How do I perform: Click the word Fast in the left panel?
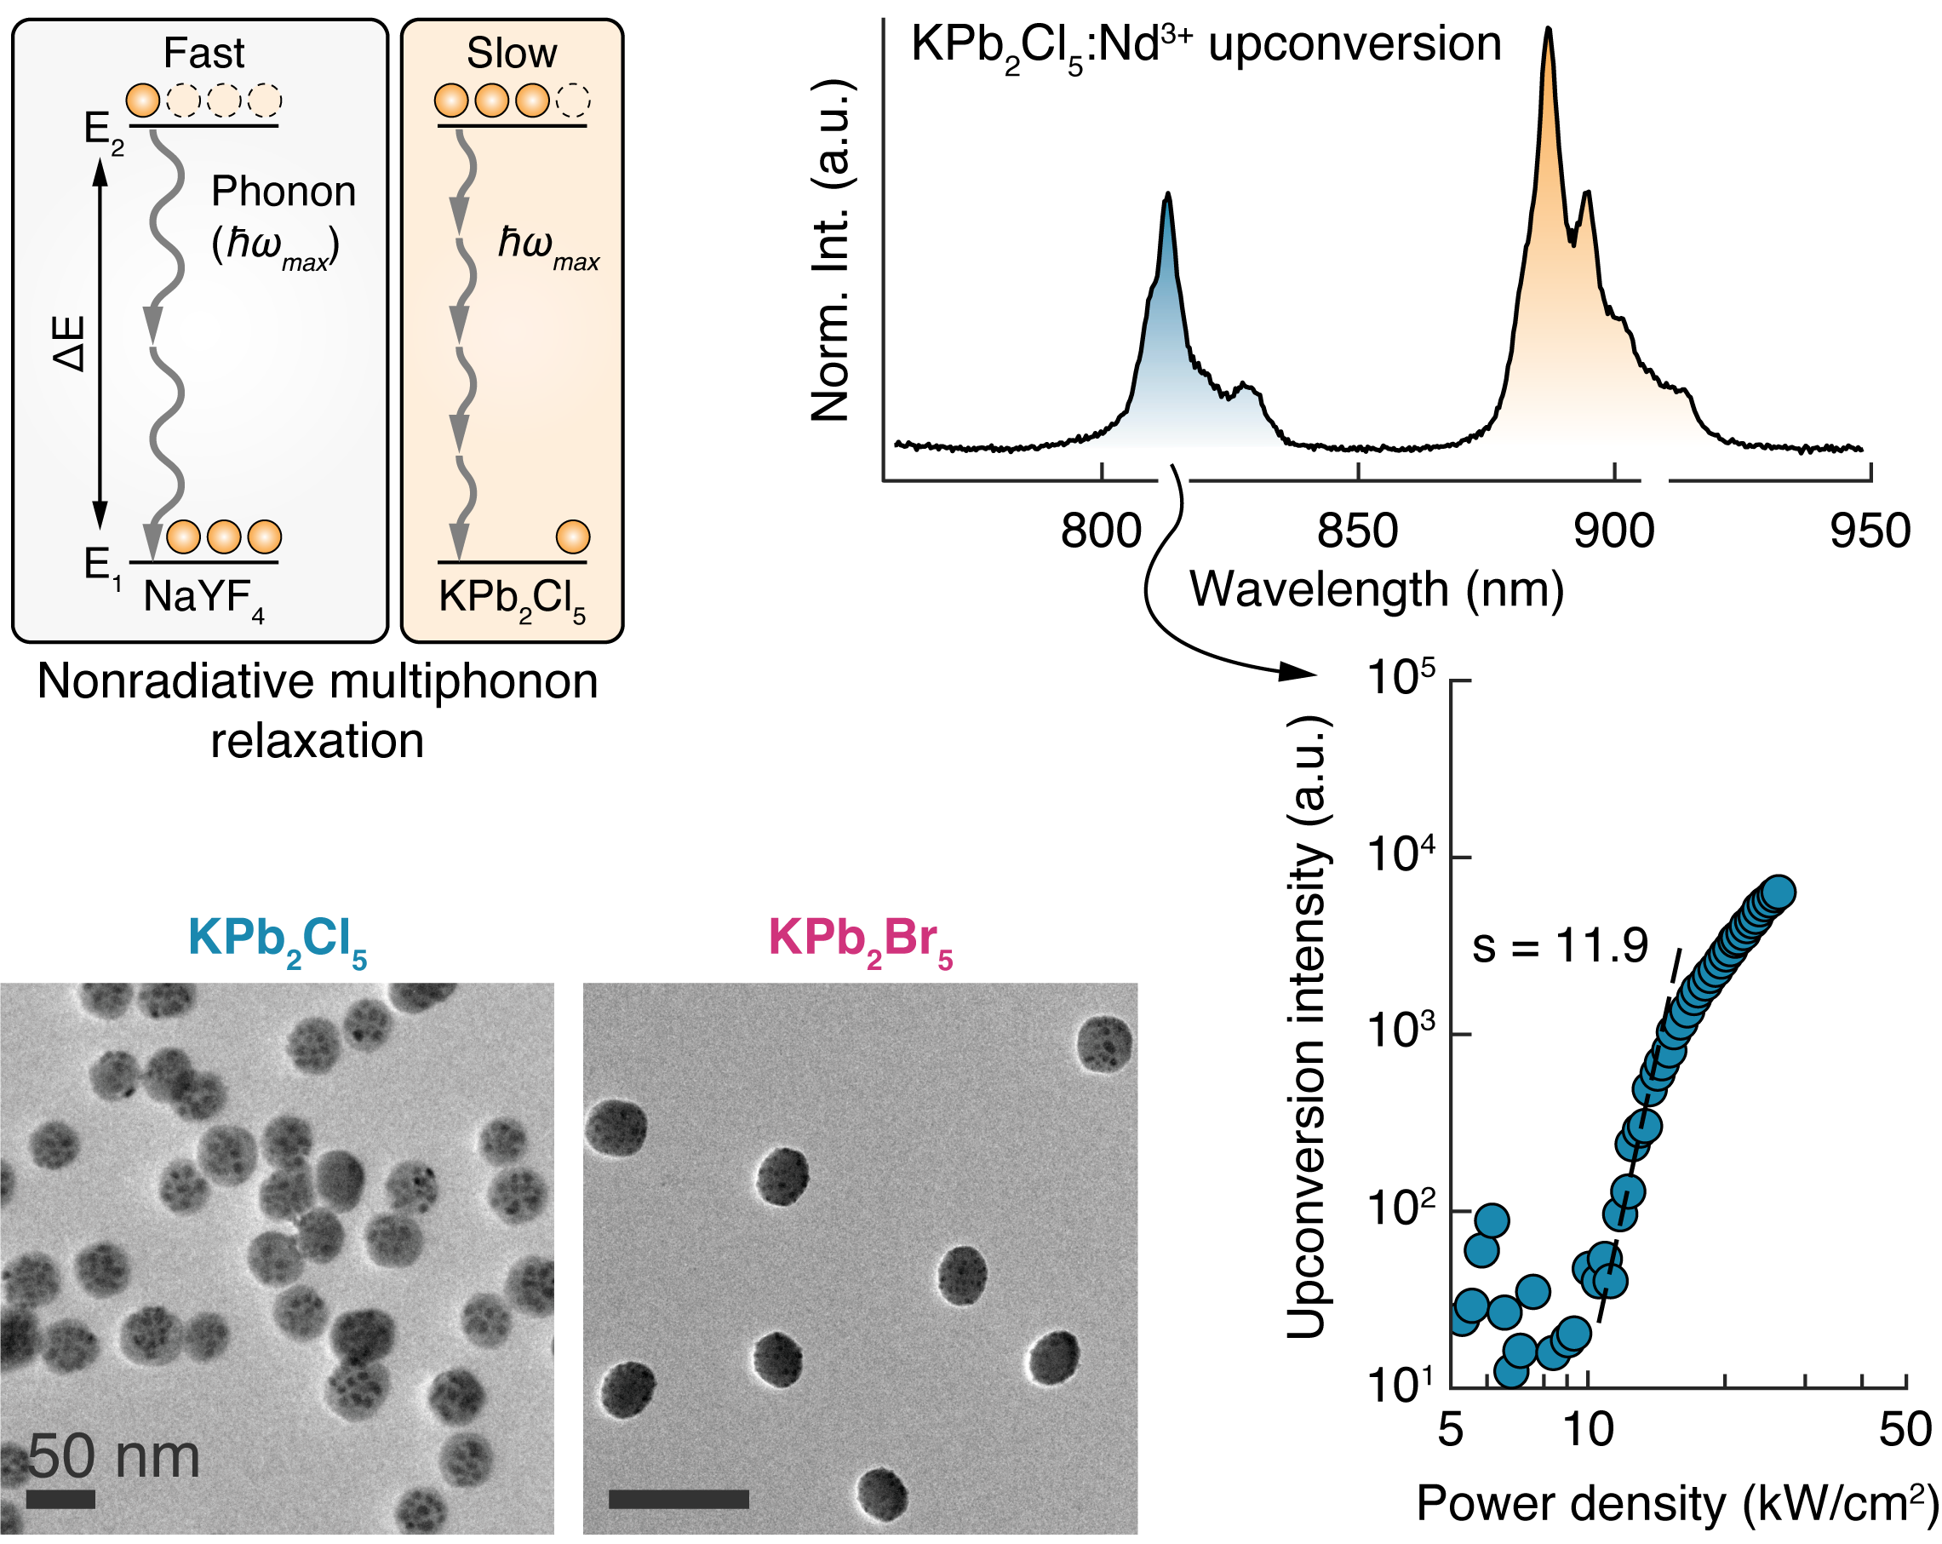pos(203,53)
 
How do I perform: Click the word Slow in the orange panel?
pos(512,53)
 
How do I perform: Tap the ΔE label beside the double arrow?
pos(71,343)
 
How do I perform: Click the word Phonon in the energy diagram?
pos(283,192)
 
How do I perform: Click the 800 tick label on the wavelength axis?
pos(1101,531)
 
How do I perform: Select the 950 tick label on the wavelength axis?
pos(1870,531)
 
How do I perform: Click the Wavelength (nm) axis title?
pos(1377,590)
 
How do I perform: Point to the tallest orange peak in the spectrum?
pos(1549,32)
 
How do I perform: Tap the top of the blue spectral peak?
pos(1167,196)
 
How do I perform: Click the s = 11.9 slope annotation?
pos(1559,946)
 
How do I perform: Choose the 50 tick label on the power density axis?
pos(1905,1431)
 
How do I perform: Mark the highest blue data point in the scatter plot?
pos(1778,892)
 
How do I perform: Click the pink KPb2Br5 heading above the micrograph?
pos(860,939)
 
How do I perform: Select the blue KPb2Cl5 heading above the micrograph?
pos(278,939)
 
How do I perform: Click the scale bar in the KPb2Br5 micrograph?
pos(679,1499)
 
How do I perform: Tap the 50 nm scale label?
pos(113,1456)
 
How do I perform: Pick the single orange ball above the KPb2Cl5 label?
pos(573,537)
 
